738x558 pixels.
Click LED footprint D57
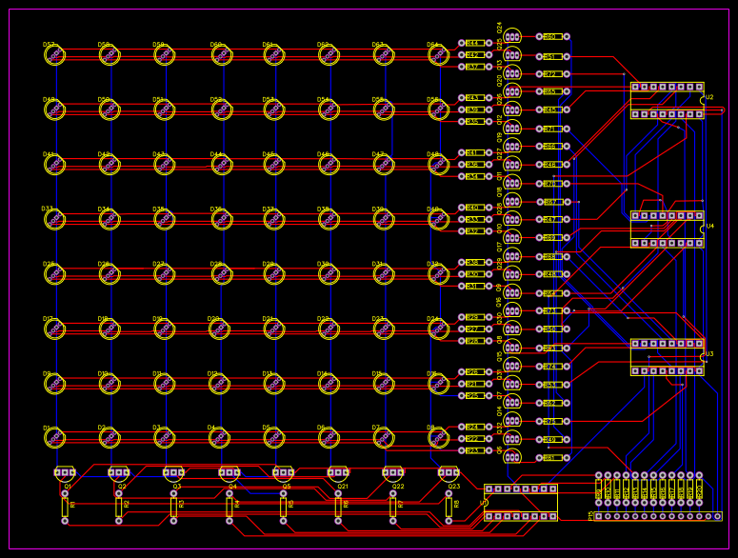point(54,56)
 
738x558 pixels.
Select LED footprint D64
point(438,56)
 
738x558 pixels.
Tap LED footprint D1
point(54,438)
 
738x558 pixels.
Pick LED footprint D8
point(438,438)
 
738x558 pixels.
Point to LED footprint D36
point(164,220)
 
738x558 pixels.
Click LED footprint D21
point(273,329)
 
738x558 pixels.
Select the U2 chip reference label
point(708,97)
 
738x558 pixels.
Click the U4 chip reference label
point(708,227)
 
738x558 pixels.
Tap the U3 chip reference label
point(708,354)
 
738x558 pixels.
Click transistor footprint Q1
point(65,472)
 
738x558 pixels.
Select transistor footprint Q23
point(449,472)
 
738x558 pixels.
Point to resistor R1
point(65,506)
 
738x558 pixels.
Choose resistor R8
point(449,506)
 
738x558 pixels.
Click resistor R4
point(229,506)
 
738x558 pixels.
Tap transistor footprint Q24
point(512,37)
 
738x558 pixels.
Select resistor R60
point(551,37)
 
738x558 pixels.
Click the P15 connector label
point(590,515)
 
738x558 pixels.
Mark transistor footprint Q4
point(229,472)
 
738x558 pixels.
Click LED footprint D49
point(54,110)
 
